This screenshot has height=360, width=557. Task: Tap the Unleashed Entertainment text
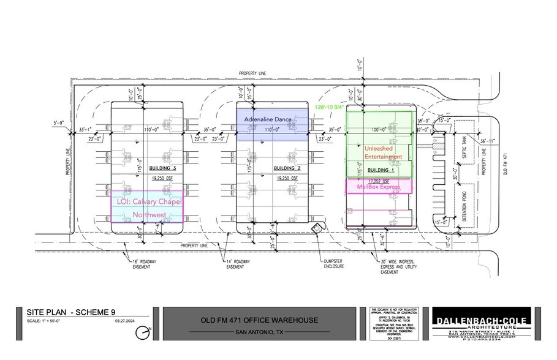[383, 152]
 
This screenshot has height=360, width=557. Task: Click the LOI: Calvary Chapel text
[147, 201]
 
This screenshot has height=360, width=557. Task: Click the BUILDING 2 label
[286, 168]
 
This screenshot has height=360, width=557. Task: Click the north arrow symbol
[143, 332]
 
